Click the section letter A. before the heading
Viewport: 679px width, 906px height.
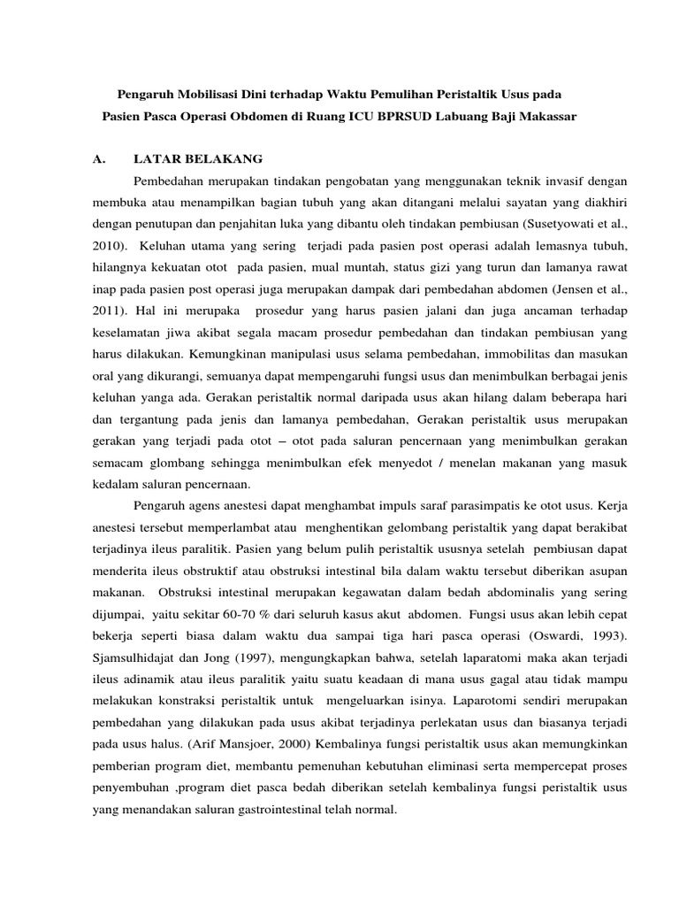[x=99, y=159]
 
